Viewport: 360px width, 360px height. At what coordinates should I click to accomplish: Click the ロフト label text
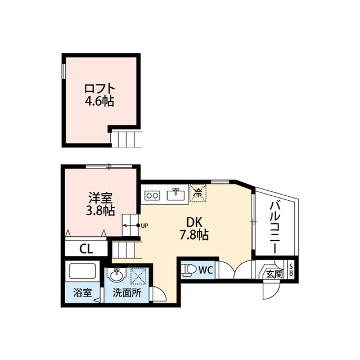(100, 89)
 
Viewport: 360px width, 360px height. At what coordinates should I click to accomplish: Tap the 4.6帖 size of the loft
(100, 101)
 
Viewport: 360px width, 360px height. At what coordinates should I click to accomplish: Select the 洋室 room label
(100, 199)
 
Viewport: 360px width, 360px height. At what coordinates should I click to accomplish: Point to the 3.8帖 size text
(100, 211)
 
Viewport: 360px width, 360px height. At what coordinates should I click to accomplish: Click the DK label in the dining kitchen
(194, 222)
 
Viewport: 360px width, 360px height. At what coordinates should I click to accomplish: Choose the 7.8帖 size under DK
(194, 235)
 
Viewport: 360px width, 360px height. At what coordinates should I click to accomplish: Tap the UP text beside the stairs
(145, 226)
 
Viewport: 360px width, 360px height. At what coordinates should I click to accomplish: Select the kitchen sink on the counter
(176, 195)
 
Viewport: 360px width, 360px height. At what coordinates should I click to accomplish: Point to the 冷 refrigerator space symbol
(197, 193)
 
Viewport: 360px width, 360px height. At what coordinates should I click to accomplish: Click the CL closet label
(86, 249)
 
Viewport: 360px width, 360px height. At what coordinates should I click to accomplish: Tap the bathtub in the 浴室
(83, 271)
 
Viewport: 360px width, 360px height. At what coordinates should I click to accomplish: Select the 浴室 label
(83, 292)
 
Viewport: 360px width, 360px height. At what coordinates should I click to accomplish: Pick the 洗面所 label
(127, 293)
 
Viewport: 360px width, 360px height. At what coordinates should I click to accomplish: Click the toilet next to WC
(188, 269)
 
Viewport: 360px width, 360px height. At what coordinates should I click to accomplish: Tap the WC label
(206, 270)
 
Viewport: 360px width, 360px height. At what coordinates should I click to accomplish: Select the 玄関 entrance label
(274, 274)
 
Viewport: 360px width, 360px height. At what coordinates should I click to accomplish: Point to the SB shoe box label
(291, 270)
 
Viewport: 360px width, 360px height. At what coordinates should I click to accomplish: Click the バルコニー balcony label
(275, 227)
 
